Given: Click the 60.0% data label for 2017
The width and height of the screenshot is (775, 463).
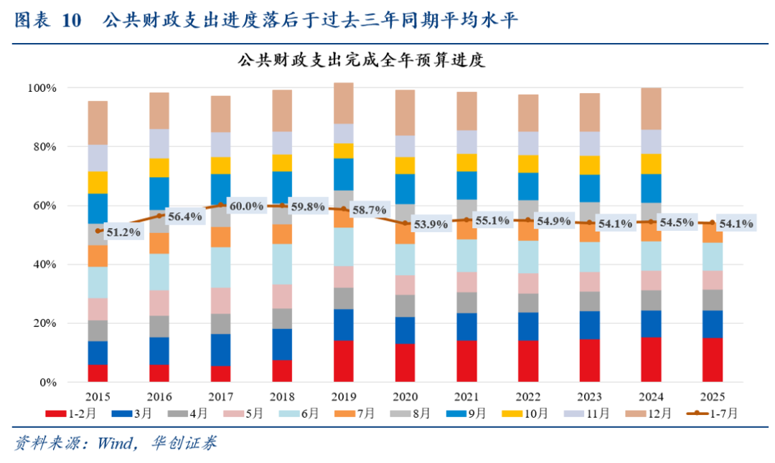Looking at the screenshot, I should tap(246, 206).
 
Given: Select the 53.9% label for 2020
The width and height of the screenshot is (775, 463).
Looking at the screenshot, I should tap(431, 224).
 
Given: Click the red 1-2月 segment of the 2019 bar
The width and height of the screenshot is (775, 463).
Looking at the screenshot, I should tap(344, 361).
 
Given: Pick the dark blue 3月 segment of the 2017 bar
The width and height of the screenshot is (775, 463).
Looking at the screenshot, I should tap(221, 350).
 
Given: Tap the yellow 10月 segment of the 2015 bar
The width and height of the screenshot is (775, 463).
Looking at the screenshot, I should tap(98, 182).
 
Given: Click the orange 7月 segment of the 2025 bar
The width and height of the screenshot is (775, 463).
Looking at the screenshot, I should tap(713, 233).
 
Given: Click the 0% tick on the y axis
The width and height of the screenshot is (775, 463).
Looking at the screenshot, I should tap(47, 383).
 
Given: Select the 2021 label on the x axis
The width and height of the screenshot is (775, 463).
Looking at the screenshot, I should tap(467, 396).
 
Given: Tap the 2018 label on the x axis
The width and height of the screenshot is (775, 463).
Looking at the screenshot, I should tap(282, 396).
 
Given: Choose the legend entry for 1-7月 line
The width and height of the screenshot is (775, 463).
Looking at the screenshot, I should tap(715, 414).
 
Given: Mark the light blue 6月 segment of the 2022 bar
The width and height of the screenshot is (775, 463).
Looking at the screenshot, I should tap(529, 257).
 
